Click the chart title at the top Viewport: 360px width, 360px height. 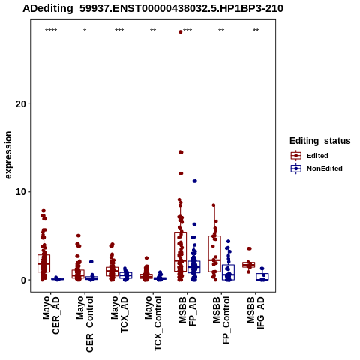point(153,9)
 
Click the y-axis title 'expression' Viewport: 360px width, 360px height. point(8,155)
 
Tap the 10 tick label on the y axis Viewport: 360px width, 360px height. point(21,192)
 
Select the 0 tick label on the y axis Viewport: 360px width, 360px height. point(24,280)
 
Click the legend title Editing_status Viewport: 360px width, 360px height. point(320,141)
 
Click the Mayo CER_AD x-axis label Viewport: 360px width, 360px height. point(51,315)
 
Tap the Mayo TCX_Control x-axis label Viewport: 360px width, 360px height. point(153,323)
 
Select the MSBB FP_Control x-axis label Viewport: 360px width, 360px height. point(221,320)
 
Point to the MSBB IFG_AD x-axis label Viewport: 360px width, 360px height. point(256,313)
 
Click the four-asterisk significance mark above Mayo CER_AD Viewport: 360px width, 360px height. point(51,31)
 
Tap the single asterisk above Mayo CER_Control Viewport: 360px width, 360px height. point(85,31)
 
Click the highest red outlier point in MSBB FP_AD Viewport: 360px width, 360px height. point(181,32)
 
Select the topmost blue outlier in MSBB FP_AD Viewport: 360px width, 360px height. point(194,181)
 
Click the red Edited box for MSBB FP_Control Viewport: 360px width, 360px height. point(214,253)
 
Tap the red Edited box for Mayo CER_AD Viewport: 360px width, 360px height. point(44,263)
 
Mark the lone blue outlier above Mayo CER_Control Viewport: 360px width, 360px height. point(91,262)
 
